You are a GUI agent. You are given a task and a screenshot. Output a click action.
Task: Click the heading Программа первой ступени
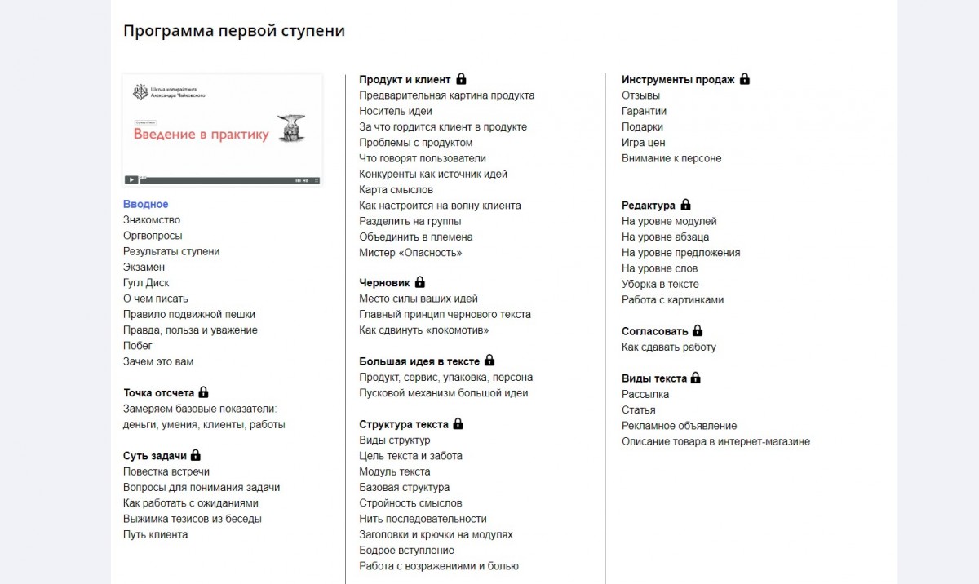coord(233,31)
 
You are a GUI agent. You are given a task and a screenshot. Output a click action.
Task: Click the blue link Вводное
coord(145,204)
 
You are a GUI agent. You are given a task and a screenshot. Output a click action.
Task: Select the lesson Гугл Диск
coord(146,283)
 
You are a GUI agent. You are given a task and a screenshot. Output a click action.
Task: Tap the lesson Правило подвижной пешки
coord(188,314)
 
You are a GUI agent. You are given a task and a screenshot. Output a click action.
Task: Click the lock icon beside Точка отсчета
coord(204,392)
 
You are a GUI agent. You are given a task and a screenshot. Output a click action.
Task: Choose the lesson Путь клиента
coord(155,534)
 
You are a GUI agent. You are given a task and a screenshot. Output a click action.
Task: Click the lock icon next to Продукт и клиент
coord(461,79)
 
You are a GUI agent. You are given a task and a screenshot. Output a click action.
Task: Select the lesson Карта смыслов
coord(396,189)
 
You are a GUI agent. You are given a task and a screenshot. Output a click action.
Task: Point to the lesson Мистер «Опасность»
coord(410,253)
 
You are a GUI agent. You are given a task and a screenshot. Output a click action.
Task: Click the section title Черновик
coord(384,282)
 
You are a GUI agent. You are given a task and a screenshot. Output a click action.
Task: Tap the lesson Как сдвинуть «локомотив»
coord(423,330)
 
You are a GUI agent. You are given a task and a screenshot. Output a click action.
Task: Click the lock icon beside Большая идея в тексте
coord(489,361)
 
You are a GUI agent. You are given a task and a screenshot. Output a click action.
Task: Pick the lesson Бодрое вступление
coord(406,550)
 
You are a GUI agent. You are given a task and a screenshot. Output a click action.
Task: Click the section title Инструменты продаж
coord(678,79)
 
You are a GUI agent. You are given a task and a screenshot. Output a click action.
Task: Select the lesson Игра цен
coord(643,143)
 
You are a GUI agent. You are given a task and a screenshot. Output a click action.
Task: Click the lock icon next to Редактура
coord(685,205)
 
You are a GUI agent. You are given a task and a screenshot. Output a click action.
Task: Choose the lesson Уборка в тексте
coord(660,284)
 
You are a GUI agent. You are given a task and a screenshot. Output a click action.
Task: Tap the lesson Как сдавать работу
coord(668,347)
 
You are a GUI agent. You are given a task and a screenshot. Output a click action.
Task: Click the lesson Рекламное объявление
coord(679,426)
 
